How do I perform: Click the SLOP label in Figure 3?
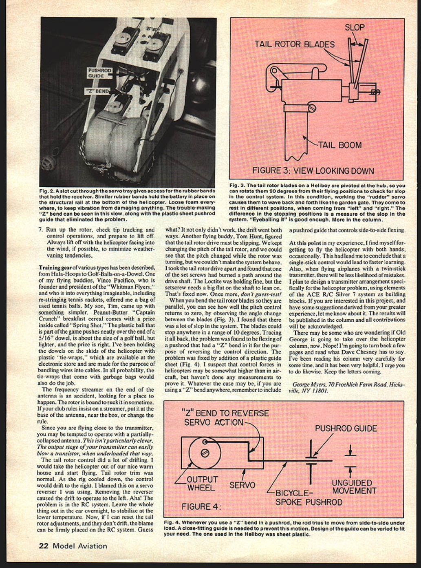355,28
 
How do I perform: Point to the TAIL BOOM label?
339,145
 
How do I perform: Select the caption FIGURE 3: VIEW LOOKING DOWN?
313,170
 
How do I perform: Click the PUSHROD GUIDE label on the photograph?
99,73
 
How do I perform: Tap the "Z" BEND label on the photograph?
97,91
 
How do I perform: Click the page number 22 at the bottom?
44,546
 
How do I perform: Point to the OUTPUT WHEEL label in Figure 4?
203,483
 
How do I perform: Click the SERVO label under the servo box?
242,485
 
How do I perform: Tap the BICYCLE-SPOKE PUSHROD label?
309,498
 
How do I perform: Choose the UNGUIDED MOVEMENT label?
354,487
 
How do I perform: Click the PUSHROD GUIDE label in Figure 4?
346,429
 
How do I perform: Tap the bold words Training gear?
55,267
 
